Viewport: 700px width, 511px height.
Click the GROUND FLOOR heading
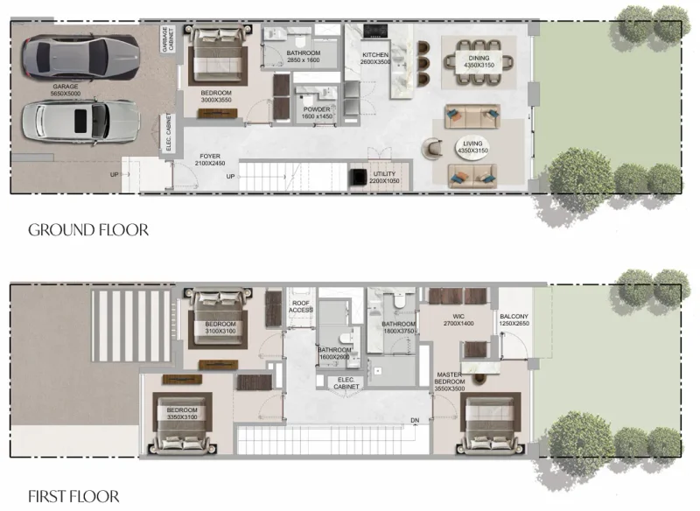pyautogui.click(x=87, y=230)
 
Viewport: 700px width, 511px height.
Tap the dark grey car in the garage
pyautogui.click(x=80, y=58)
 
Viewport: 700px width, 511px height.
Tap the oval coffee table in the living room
pyautogui.click(x=473, y=149)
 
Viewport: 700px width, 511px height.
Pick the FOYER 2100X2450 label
pyautogui.click(x=211, y=160)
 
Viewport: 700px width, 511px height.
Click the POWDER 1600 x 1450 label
pyautogui.click(x=317, y=113)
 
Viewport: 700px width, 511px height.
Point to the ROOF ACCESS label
pyautogui.click(x=301, y=306)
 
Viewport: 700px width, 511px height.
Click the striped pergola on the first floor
pyautogui.click(x=131, y=322)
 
